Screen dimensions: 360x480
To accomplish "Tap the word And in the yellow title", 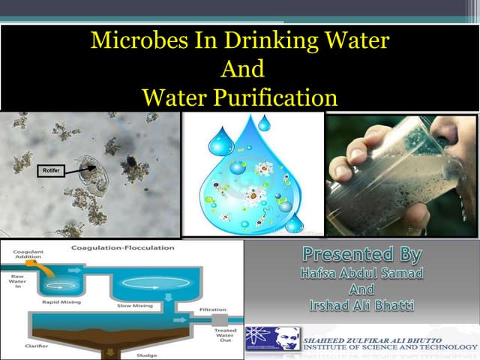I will pyautogui.click(x=242, y=69).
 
